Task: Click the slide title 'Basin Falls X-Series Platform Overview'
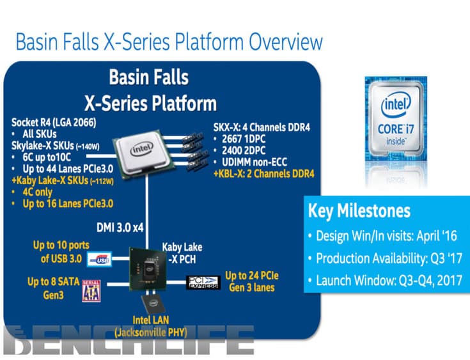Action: pyautogui.click(x=169, y=43)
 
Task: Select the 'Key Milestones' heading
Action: pyautogui.click(x=359, y=211)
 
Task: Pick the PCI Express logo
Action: pyautogui.click(x=203, y=282)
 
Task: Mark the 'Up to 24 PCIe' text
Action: pyautogui.click(x=251, y=276)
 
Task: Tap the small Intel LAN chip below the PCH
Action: pyautogui.click(x=152, y=304)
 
